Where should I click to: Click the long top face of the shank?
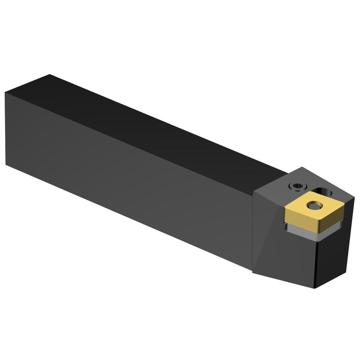(160, 122)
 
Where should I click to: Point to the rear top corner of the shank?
(50, 75)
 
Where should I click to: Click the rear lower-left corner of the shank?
(6, 164)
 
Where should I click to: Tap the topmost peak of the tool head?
(302, 167)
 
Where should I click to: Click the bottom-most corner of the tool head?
(317, 289)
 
